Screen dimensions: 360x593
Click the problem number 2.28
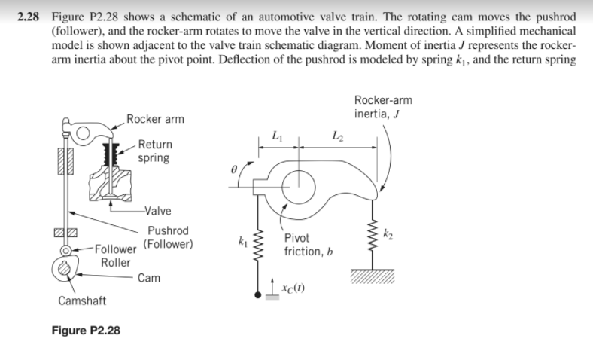coord(31,16)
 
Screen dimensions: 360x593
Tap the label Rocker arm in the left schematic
coord(154,119)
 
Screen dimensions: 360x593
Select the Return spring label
coord(154,151)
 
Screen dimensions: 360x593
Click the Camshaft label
coord(82,301)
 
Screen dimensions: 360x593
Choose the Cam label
coord(149,278)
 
